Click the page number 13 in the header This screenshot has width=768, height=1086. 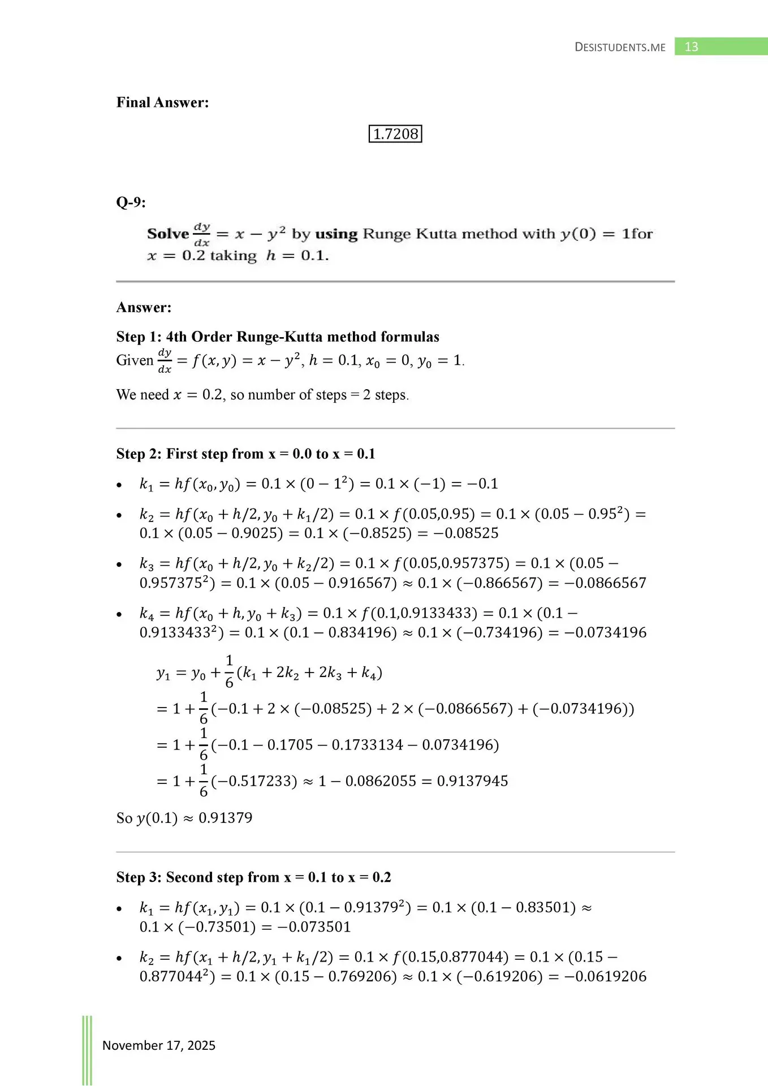pos(691,47)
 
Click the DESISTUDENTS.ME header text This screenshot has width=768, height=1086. pos(620,48)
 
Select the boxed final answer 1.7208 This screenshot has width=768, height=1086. pos(395,134)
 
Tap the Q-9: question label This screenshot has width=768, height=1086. pos(131,202)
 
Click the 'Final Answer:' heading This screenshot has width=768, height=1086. pos(162,102)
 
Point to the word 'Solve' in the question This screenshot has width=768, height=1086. pos(168,234)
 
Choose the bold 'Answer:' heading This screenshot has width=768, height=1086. pos(144,308)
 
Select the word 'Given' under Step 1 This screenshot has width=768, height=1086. pos(135,361)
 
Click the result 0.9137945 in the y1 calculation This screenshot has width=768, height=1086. pos(472,781)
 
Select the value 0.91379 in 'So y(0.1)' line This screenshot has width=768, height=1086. pos(225,818)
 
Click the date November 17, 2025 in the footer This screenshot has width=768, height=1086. pos(159,1045)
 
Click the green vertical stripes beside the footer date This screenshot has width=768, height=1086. pos(87,1050)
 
